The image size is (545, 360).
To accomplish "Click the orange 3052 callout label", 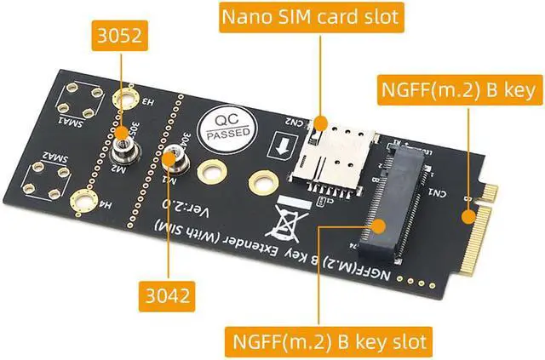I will click(x=120, y=38).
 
